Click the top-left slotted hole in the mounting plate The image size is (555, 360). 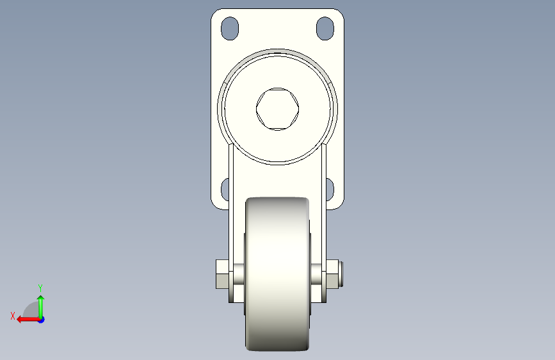point(229,28)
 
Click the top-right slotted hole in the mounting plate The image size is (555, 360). point(325,28)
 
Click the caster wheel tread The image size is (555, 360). point(277,275)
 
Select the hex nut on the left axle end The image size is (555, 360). point(221,274)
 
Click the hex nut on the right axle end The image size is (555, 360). point(333,274)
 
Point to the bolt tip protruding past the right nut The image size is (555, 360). point(344,274)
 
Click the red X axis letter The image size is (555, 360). point(12,315)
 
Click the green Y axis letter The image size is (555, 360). point(40,288)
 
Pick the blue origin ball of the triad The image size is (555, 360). point(41,319)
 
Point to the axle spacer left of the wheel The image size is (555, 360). point(238,274)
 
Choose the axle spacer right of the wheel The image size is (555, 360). point(316,274)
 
